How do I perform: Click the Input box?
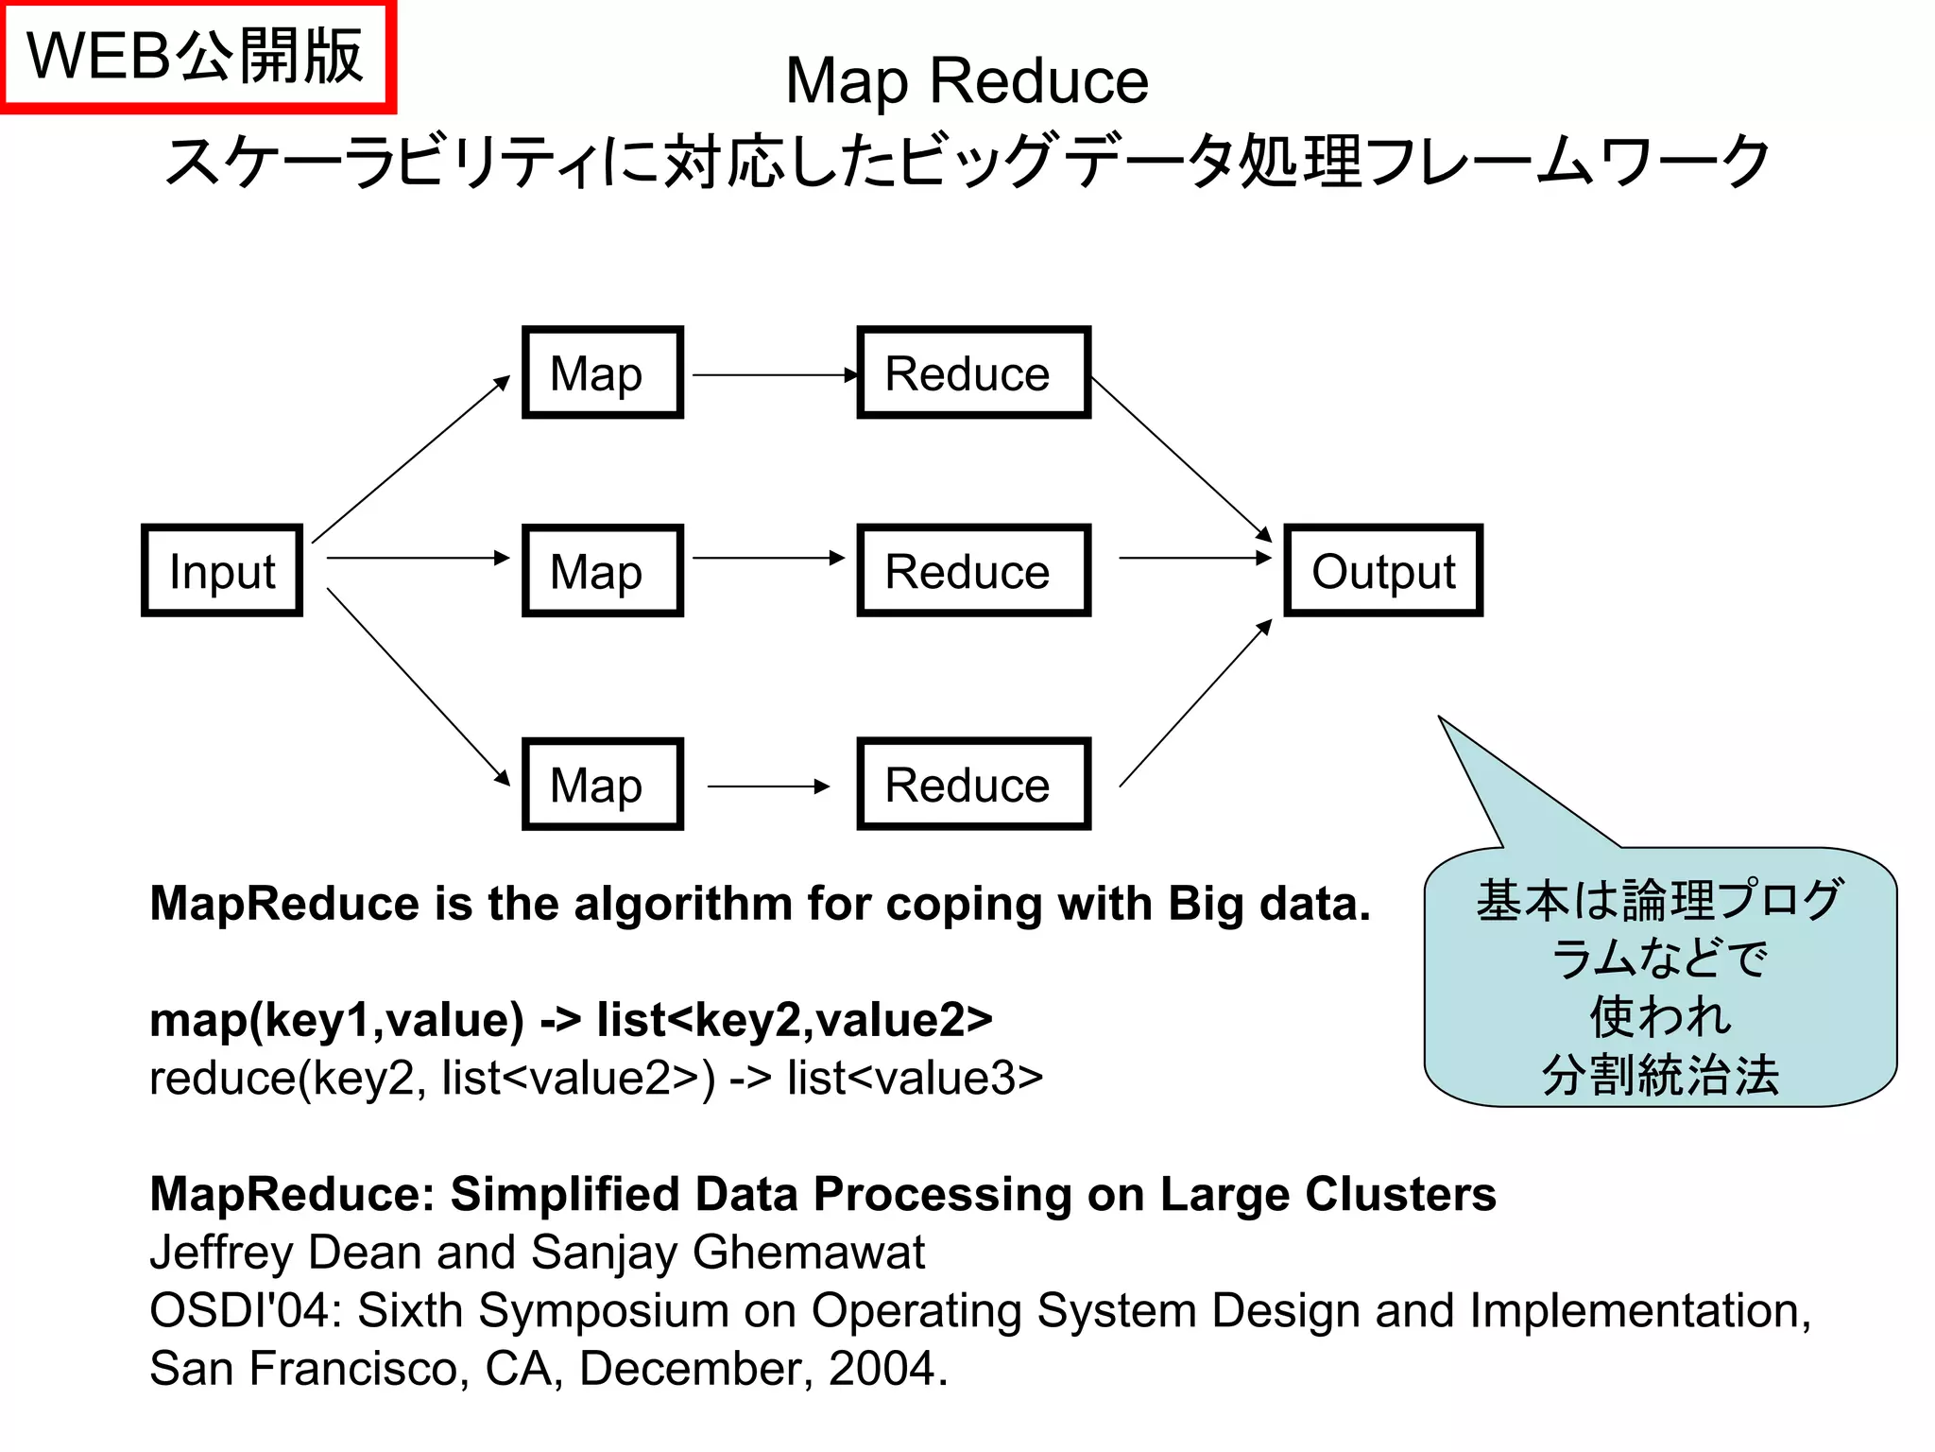222,571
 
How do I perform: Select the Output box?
1383,571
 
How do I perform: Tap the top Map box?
603,373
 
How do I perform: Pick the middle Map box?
603,571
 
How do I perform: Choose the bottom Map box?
603,785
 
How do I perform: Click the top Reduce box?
973,373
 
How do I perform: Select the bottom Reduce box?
973,785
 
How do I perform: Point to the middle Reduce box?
973,571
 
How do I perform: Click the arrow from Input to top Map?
411,459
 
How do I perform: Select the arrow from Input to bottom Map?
418,686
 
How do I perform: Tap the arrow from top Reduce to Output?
1181,459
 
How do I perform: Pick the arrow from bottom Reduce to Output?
1195,703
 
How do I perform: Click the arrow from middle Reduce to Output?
1195,558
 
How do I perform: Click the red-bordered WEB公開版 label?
197,57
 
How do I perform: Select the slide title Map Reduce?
967,81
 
